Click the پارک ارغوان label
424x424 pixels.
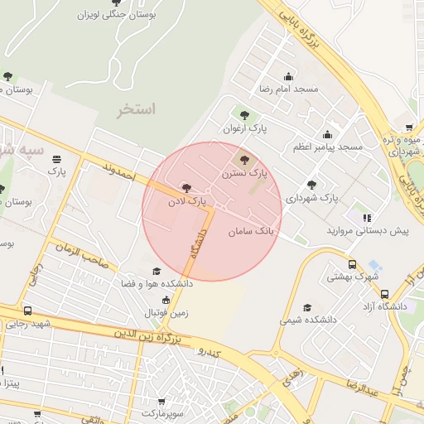(x=245, y=129)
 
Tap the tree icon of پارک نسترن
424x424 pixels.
(x=243, y=160)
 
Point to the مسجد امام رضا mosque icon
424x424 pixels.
(x=288, y=76)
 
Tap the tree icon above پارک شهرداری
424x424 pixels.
(x=311, y=185)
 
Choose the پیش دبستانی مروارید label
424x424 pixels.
(x=368, y=230)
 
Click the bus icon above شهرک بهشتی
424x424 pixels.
(x=352, y=265)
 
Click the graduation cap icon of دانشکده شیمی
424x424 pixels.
(x=308, y=306)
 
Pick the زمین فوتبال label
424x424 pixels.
(x=166, y=313)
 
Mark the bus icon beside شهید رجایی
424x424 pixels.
(x=27, y=311)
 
